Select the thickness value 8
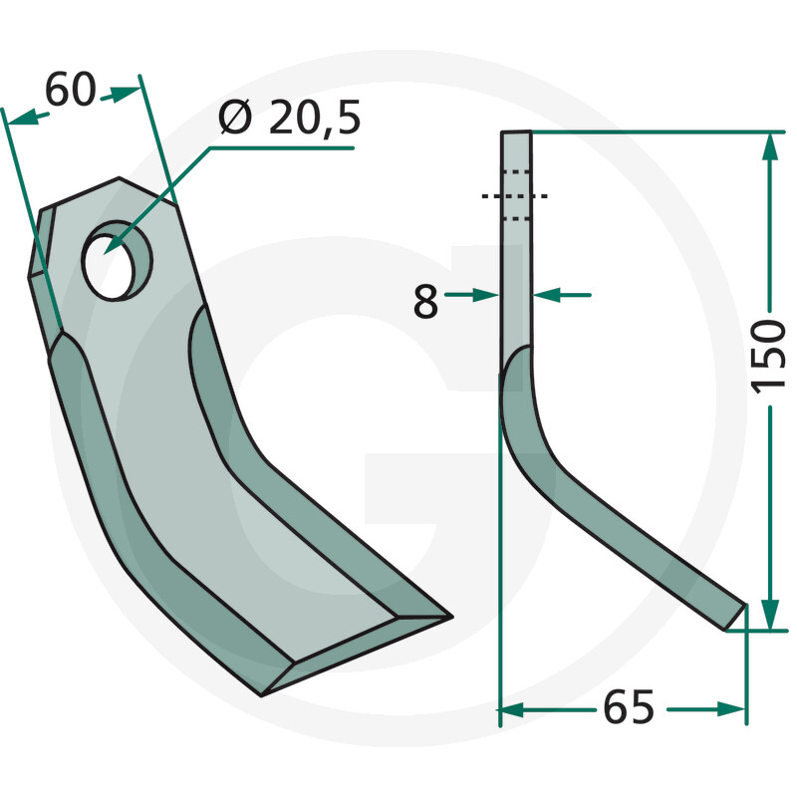point(425,302)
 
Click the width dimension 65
point(629,707)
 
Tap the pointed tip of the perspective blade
point(451,617)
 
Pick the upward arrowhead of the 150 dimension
point(770,147)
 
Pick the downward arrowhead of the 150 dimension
point(770,615)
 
